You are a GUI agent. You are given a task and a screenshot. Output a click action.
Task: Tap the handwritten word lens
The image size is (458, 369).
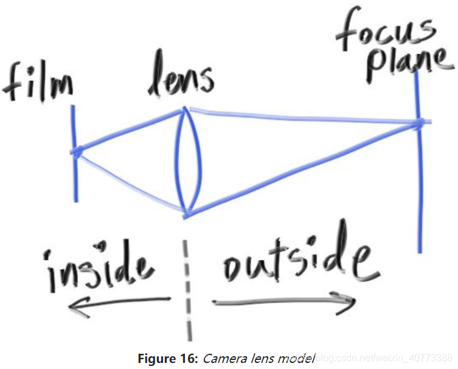(x=181, y=78)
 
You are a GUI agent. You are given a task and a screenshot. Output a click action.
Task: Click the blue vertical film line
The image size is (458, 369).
(x=75, y=182)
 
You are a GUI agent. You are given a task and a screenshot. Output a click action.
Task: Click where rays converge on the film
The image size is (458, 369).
(x=75, y=151)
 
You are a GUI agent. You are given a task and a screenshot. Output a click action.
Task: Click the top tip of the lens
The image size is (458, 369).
(x=185, y=110)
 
